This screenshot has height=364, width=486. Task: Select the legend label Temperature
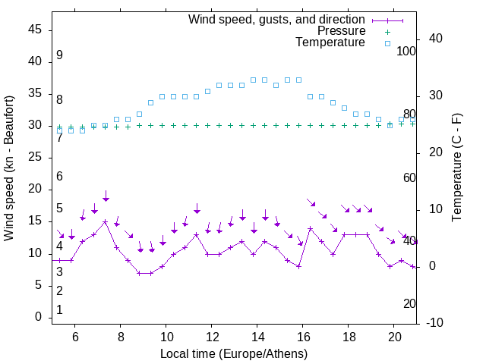[x=330, y=42]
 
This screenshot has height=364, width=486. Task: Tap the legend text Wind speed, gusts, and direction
[x=277, y=19]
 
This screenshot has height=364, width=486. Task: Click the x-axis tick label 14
[x=257, y=336]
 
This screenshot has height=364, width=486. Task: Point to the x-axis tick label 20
[x=394, y=336]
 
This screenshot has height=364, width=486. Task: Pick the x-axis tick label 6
[x=75, y=336]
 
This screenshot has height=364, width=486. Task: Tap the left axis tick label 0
[x=38, y=317]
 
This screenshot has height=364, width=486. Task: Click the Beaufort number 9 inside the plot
[x=59, y=55]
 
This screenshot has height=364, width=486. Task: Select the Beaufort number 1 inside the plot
[x=59, y=310]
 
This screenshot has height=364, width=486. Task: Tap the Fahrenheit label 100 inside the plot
[x=407, y=51]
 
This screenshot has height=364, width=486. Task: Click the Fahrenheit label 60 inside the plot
[x=409, y=177]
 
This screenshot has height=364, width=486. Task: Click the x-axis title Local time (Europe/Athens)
[x=234, y=353]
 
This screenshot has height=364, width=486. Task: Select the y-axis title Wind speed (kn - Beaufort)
[x=9, y=168]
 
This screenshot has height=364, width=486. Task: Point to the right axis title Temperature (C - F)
[x=457, y=168]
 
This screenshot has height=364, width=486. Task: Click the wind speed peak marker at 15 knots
[x=106, y=221]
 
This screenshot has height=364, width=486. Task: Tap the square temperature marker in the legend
[x=387, y=43]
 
